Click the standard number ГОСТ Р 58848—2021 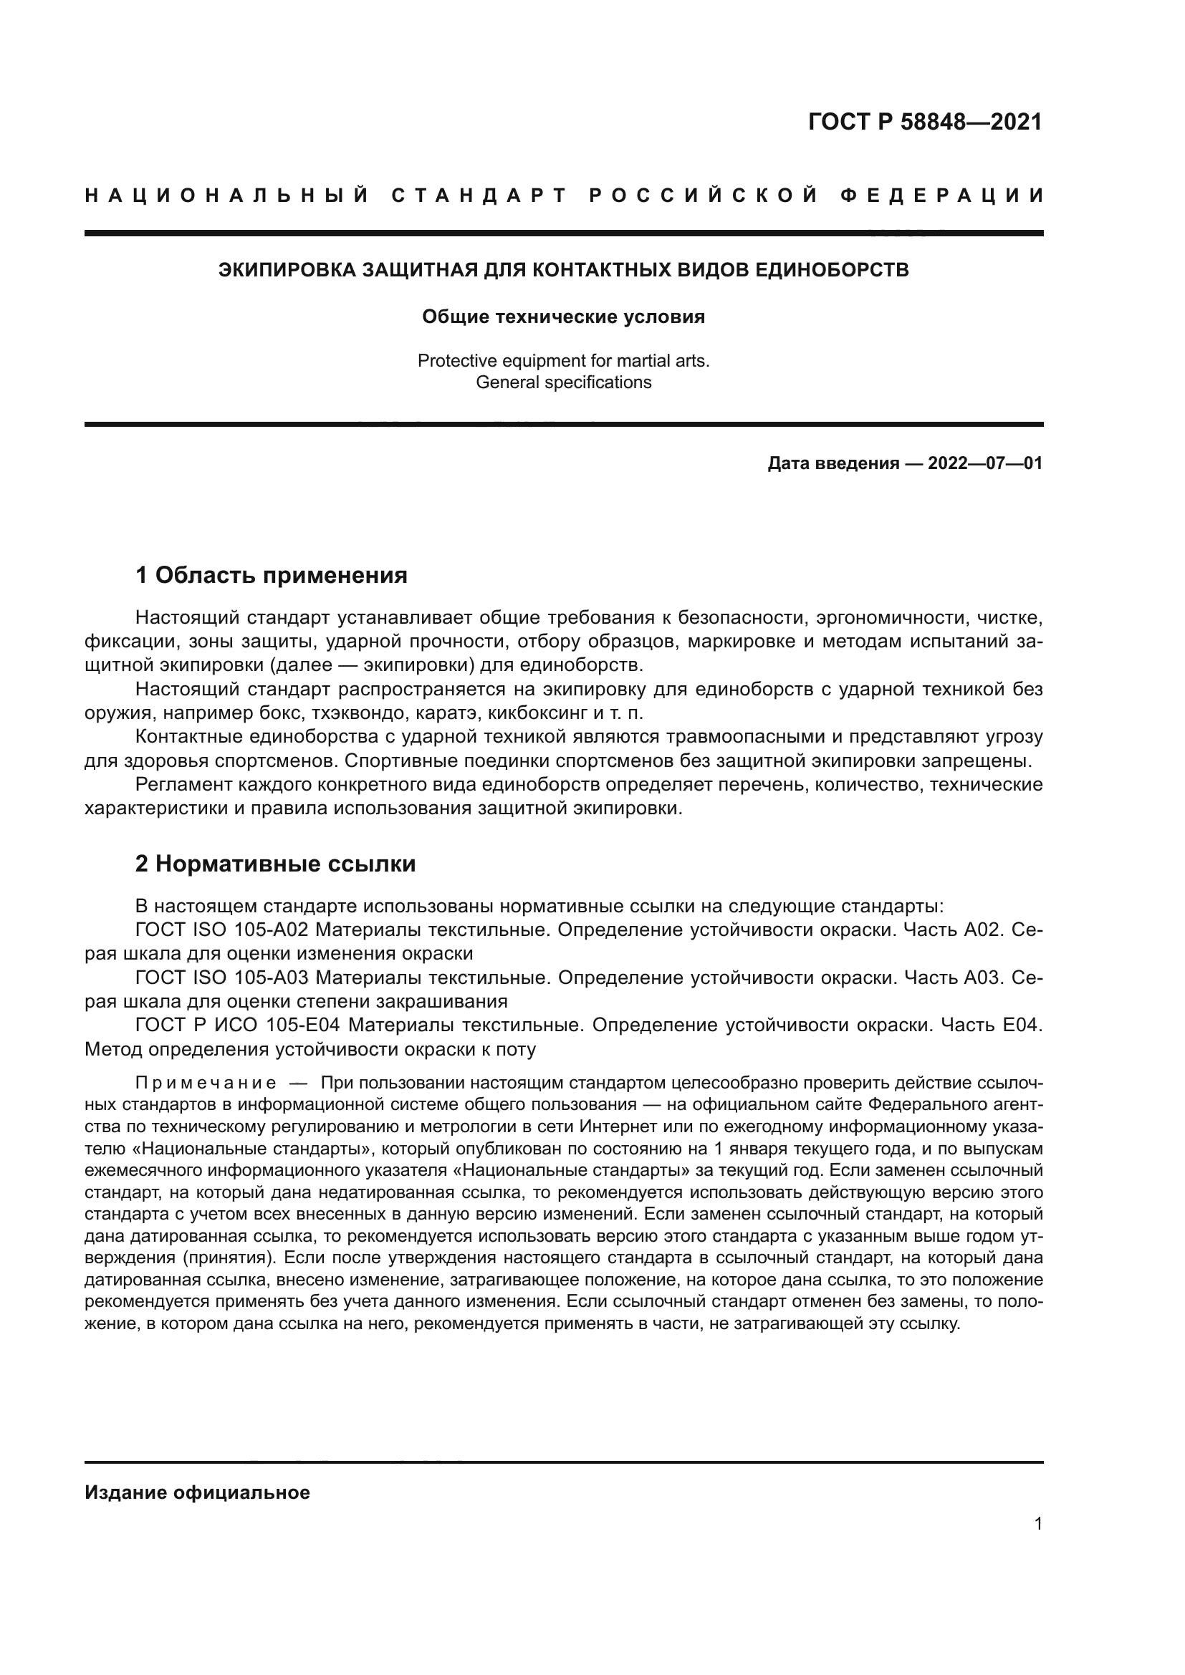pos(925,122)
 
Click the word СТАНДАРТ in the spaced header pos(479,196)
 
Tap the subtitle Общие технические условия pos(563,317)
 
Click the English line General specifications pos(563,382)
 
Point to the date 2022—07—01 pos(984,463)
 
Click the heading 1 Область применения pos(272,576)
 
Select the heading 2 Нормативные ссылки pos(276,864)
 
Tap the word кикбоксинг pos(536,713)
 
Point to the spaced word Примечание pos(206,1083)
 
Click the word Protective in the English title pos(452,361)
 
